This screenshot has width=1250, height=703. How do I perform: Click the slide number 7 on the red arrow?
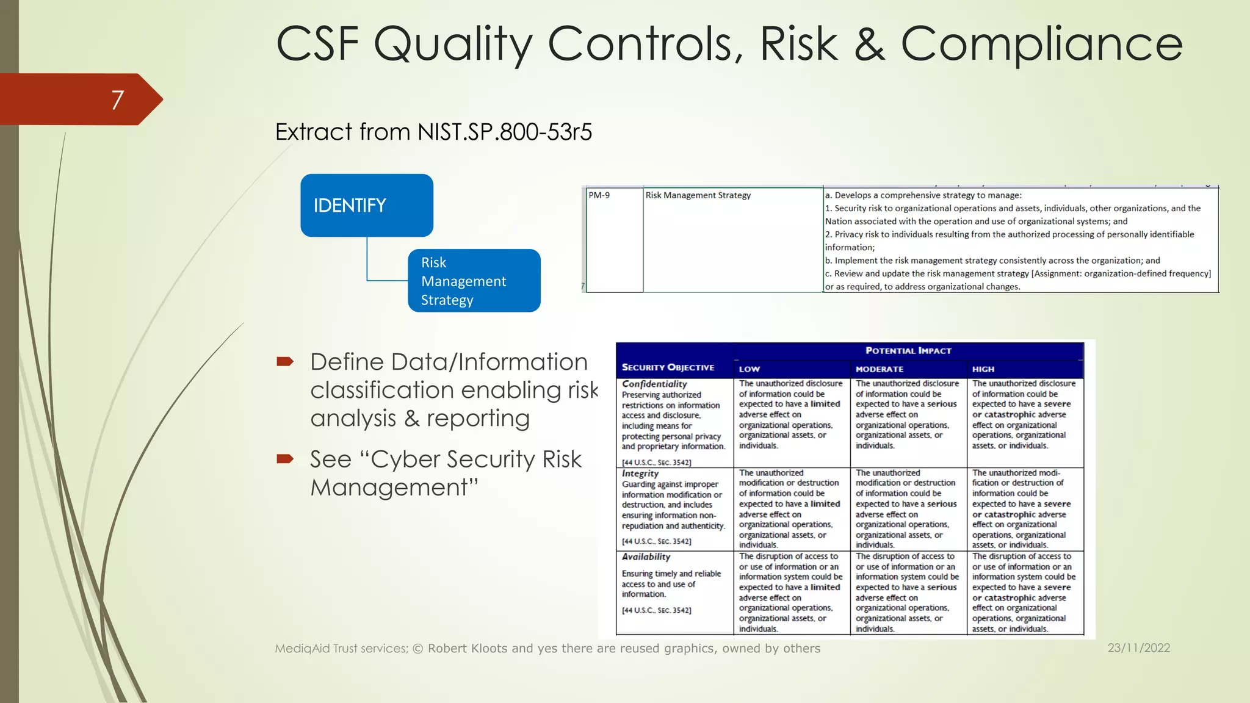pos(118,99)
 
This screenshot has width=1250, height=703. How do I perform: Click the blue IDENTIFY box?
pos(366,205)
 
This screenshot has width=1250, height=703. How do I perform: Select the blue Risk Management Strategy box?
pos(474,281)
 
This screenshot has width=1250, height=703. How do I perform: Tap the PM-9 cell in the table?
pos(599,195)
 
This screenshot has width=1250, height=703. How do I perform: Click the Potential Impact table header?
pos(908,350)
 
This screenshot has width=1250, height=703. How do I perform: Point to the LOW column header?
pos(750,369)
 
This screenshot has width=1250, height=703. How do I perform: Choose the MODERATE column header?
pos(880,369)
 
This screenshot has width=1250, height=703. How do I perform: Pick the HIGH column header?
pos(983,369)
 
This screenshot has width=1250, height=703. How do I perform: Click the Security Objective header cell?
pos(668,367)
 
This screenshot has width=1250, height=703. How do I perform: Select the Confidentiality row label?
pos(654,384)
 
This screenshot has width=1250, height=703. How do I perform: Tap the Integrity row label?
pos(640,474)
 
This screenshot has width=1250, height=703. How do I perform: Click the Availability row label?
pos(646,557)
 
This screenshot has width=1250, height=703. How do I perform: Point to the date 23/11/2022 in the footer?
pos(1139,648)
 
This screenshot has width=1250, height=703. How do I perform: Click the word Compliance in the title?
pos(1041,44)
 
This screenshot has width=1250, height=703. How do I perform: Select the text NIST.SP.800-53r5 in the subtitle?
pos(505,132)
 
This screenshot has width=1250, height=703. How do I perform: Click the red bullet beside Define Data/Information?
pos(285,362)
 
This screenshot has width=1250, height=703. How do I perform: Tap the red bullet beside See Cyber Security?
pos(285,459)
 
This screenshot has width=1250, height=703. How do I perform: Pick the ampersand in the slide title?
pos(869,44)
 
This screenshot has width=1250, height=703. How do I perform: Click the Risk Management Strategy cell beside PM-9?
pos(698,195)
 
